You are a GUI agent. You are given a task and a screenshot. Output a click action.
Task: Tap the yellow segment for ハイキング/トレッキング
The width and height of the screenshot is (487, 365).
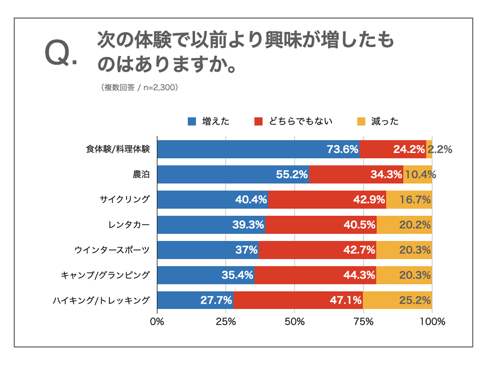[x=397, y=300]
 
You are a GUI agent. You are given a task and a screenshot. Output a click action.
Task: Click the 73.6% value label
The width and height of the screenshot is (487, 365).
[x=343, y=149]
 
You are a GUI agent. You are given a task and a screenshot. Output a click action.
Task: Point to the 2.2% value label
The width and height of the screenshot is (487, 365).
[x=440, y=149]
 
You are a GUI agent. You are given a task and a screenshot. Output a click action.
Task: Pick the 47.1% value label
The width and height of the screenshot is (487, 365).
[x=346, y=300]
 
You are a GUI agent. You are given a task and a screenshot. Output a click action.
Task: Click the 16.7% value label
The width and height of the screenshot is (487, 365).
[x=415, y=200]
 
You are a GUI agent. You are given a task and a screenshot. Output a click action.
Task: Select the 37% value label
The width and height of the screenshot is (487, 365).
[x=246, y=250]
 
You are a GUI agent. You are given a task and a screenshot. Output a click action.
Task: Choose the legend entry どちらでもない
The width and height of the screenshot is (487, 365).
[x=300, y=121]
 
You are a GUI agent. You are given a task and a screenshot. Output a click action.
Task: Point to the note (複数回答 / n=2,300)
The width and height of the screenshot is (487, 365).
[x=138, y=87]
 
